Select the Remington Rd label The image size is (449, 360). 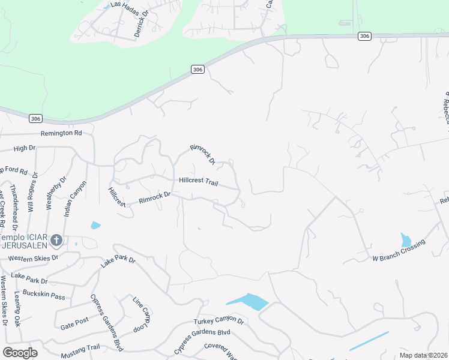click(x=61, y=133)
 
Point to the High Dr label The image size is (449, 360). click(x=25, y=148)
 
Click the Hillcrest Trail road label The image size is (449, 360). click(x=198, y=181)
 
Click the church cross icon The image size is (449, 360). click(x=56, y=241)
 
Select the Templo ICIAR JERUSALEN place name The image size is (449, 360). click(x=27, y=241)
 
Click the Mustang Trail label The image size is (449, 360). click(x=80, y=347)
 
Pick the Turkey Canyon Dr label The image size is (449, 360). click(x=218, y=322)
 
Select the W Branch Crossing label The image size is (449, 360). click(x=399, y=250)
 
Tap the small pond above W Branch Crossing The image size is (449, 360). click(x=406, y=241)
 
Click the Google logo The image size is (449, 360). click(x=20, y=353)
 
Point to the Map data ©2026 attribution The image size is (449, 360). click(x=424, y=355)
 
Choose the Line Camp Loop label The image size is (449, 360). click(x=142, y=314)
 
